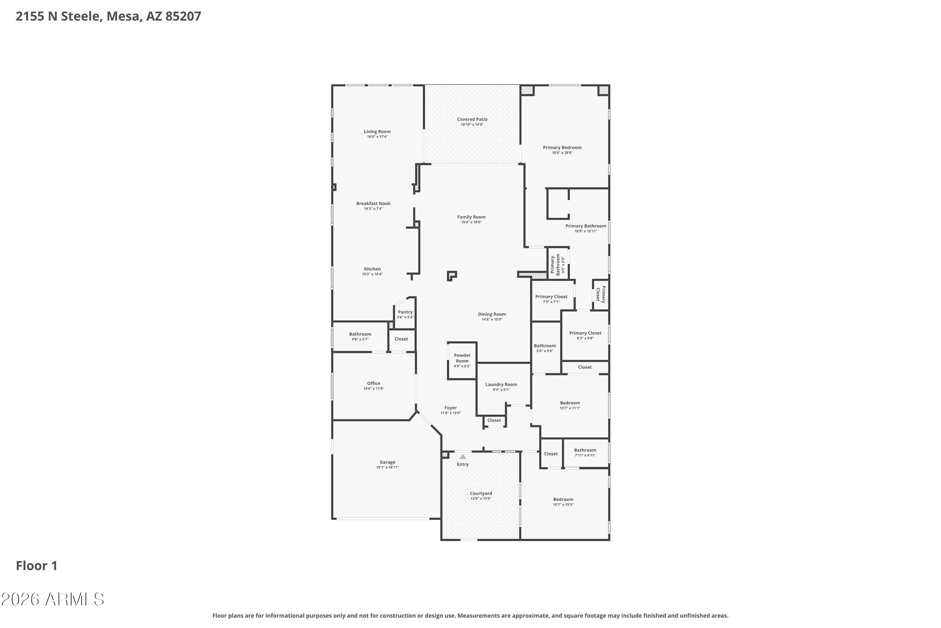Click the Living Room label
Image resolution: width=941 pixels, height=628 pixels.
(377, 131)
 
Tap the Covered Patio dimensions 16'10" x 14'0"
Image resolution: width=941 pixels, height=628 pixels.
(472, 125)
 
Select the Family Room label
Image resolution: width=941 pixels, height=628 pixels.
(471, 217)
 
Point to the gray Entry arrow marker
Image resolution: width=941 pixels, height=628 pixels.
(463, 457)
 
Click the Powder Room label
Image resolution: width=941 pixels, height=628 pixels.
(462, 358)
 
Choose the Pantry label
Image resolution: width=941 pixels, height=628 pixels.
(405, 312)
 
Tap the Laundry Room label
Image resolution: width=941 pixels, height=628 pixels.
(501, 384)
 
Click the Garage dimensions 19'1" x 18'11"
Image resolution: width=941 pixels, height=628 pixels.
(387, 468)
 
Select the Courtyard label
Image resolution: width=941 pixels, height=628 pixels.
(481, 493)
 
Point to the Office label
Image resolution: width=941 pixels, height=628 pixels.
(374, 383)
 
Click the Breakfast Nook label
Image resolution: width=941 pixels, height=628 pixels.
(373, 203)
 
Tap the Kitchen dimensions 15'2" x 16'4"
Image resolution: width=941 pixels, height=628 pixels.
(373, 274)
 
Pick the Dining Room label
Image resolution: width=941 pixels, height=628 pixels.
(492, 314)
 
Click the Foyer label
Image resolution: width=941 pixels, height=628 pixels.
(450, 408)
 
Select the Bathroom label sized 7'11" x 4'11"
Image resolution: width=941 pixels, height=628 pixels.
(585, 450)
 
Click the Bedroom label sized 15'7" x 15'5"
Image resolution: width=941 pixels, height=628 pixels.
(563, 500)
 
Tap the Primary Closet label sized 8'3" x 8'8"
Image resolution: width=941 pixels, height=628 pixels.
(585, 333)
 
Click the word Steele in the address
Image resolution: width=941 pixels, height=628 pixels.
(80, 16)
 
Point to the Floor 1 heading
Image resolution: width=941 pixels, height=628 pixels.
(37, 566)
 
